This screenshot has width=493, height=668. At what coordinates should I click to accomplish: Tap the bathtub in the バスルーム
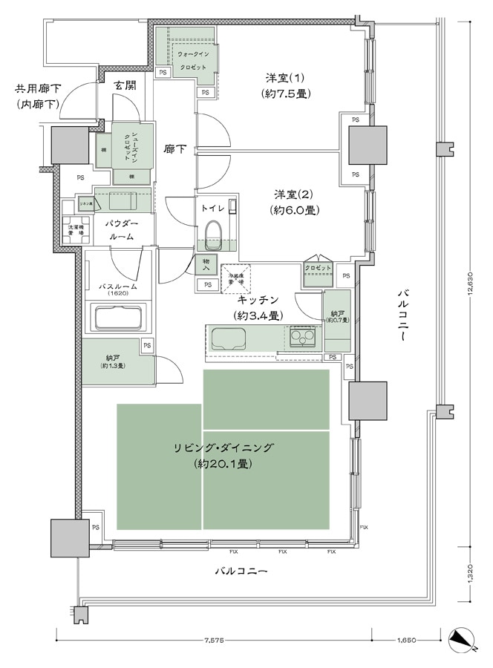117,319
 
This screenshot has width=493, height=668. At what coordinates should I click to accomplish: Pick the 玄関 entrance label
125,85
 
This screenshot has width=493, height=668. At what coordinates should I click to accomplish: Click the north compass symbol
462,638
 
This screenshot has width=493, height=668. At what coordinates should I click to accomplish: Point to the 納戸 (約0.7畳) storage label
337,315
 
